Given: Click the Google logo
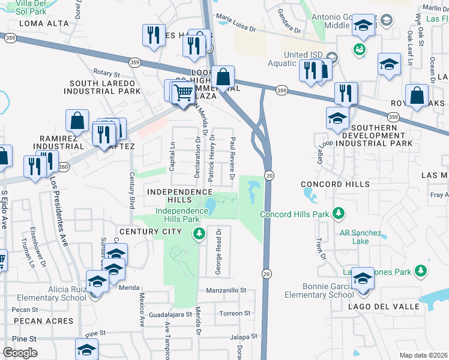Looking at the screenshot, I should coord(20,353).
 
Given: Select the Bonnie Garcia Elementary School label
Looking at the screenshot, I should coord(319,291).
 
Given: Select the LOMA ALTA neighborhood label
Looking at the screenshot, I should coord(46,23).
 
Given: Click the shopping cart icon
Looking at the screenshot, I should coord(182,92).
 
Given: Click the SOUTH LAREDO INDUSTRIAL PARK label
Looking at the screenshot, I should coord(105,87).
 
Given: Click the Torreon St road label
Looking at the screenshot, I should coord(235,313).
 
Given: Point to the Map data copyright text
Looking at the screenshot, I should coord(424,355).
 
